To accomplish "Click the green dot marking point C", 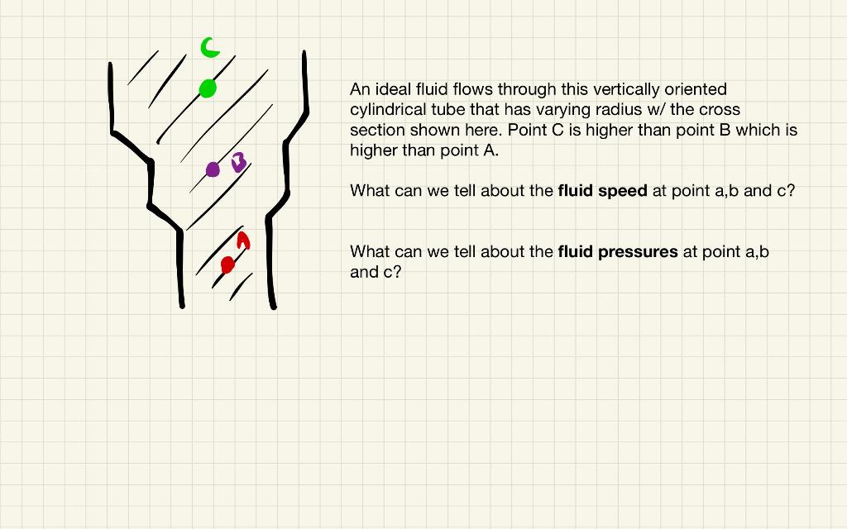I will coord(208,88).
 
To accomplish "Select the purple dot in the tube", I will coord(213,169).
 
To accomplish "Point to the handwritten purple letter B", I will coord(238,162).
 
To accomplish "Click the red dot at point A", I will coord(227,264).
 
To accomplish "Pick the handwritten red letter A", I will coord(242,241).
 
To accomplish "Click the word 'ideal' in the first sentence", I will coord(394,89).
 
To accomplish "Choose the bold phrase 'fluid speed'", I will coord(602,191).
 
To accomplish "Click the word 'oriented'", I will coord(696,89).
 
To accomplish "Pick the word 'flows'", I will coord(472,89).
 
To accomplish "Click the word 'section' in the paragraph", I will coord(377,131).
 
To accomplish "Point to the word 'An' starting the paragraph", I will coord(360,89).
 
